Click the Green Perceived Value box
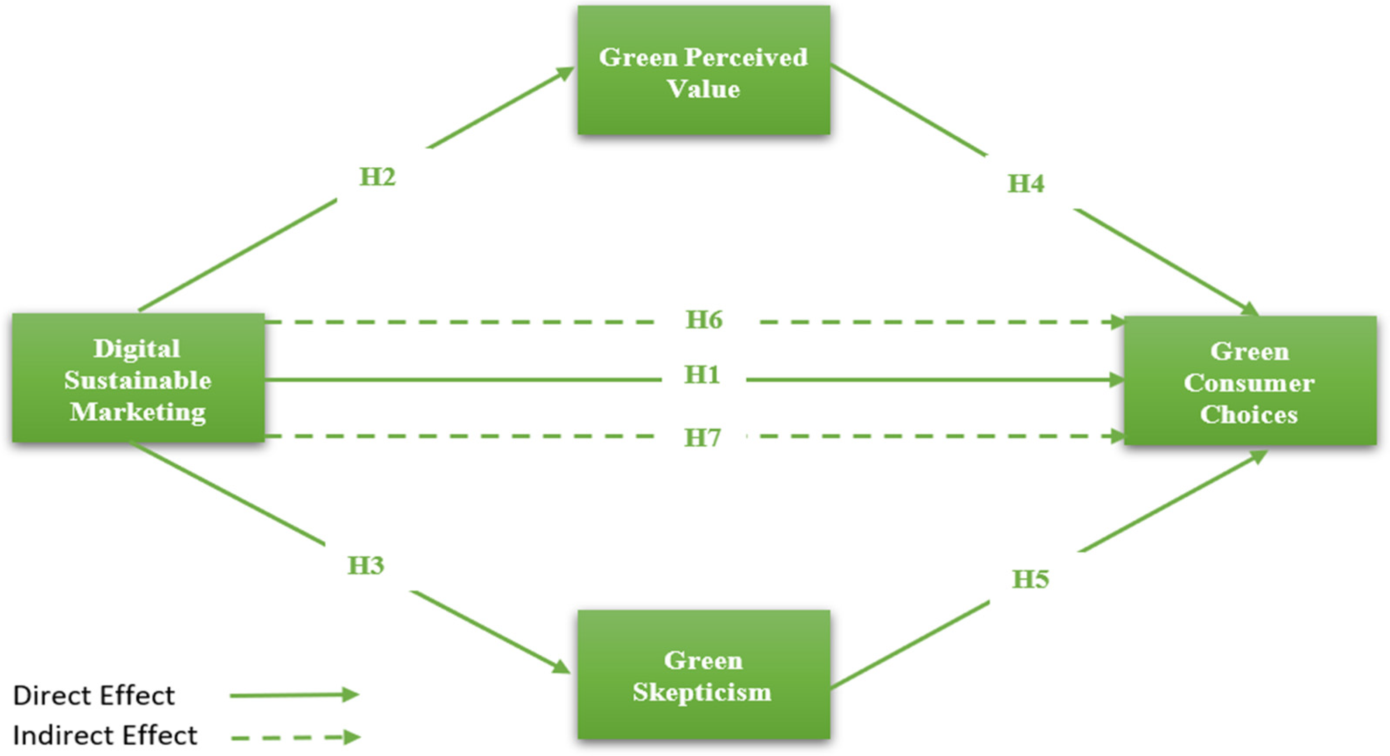703,70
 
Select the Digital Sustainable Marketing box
138,378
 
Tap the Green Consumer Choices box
1250,381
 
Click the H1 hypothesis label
702,375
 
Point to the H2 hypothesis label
377,177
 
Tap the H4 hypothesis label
1026,184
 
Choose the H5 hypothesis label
1030,579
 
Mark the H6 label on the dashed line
704,320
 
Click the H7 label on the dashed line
702,437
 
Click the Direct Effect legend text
94,696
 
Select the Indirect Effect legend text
105,735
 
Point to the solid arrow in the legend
294,695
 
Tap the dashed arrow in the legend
296,737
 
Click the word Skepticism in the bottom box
702,692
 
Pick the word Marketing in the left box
138,412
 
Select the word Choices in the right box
1249,414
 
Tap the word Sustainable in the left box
138,381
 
